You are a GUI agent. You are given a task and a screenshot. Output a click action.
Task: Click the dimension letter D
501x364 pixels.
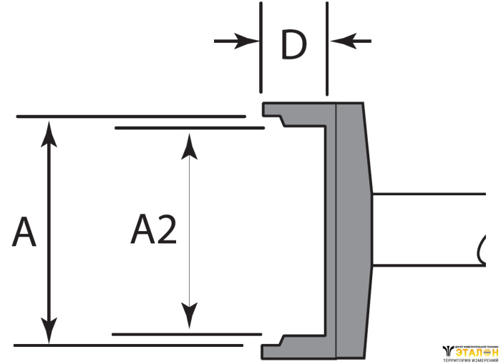pyautogui.click(x=293, y=46)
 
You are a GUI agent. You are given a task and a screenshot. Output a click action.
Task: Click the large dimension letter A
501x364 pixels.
pyautogui.click(x=25, y=233)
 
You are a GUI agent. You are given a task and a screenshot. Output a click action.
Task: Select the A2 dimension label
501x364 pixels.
pyautogui.click(x=154, y=230)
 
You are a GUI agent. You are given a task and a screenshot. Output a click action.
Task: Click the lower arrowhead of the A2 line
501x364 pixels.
pyautogui.click(x=189, y=316)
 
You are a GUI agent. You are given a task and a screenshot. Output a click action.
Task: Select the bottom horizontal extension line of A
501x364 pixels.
pyautogui.click(x=129, y=345)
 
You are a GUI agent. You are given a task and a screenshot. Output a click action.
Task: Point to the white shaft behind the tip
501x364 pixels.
pyautogui.click(x=429, y=229)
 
